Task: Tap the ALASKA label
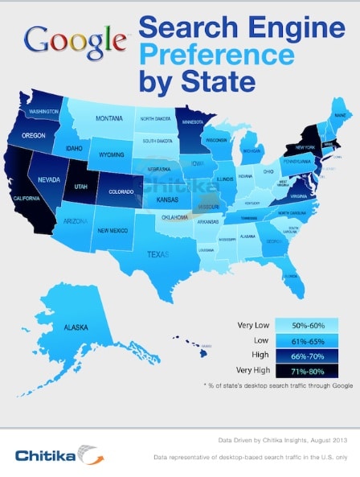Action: coord(77,329)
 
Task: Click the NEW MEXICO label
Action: coord(112,230)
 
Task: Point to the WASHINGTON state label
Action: coord(39,111)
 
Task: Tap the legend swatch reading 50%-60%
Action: coord(306,325)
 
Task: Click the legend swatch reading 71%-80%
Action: coord(306,371)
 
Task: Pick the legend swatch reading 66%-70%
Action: coord(306,356)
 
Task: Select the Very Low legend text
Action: coord(252,325)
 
